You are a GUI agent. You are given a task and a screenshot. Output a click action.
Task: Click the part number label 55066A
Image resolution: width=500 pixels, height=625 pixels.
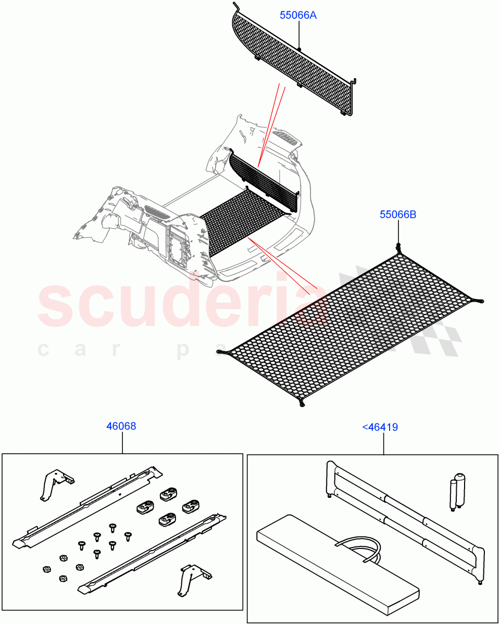pyautogui.click(x=298, y=15)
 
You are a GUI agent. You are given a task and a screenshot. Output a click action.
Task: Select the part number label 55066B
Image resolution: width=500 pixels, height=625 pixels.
pyautogui.click(x=398, y=215)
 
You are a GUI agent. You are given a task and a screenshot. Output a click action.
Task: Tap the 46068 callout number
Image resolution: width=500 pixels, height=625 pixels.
pyautogui.click(x=121, y=426)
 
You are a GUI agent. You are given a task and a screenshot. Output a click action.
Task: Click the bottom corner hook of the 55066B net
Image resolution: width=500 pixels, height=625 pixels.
pyautogui.click(x=301, y=402)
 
